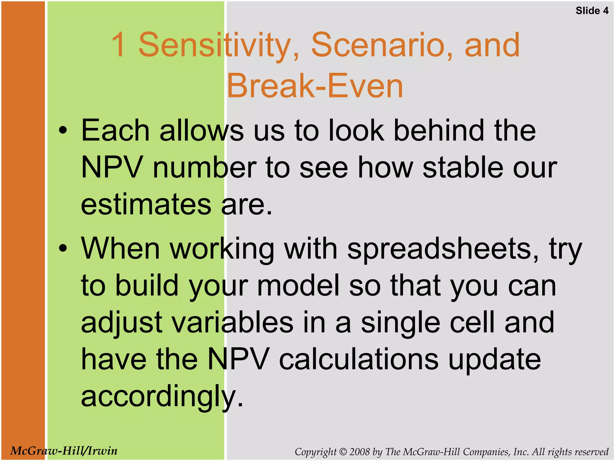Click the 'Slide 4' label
(592, 11)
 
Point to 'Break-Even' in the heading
(315, 86)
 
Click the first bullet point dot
(63, 130)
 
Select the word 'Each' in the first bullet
(115, 131)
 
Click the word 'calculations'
(359, 359)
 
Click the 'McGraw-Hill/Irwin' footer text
(64, 451)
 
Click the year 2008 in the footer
(359, 452)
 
